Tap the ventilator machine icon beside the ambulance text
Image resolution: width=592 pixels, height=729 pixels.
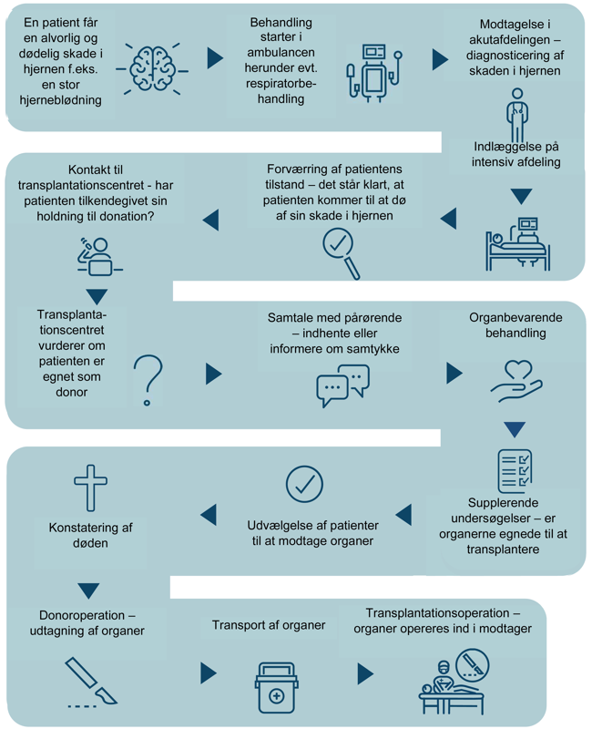click(374, 72)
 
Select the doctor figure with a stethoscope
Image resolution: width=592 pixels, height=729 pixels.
click(517, 115)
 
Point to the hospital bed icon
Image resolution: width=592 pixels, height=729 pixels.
click(517, 244)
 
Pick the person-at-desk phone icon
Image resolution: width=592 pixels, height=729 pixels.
click(99, 257)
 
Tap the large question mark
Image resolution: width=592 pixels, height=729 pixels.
click(148, 379)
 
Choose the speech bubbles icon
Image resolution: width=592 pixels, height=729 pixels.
click(343, 385)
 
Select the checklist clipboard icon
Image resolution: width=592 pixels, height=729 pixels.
click(515, 471)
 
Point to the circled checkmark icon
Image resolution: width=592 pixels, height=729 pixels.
click(304, 484)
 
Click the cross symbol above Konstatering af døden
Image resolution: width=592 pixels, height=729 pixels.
click(90, 488)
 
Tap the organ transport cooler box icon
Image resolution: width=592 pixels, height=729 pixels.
click(277, 688)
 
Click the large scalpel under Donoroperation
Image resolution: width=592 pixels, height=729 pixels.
click(91, 681)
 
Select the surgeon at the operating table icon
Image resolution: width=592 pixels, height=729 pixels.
click(454, 682)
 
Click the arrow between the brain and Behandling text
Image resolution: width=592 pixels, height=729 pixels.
click(215, 57)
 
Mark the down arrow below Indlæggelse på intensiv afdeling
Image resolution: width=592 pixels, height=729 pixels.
click(521, 196)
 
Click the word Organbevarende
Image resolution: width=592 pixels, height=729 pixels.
click(515, 317)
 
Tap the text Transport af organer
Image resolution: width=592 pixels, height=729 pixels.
click(269, 625)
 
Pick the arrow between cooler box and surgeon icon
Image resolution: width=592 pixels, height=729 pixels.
click(366, 673)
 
